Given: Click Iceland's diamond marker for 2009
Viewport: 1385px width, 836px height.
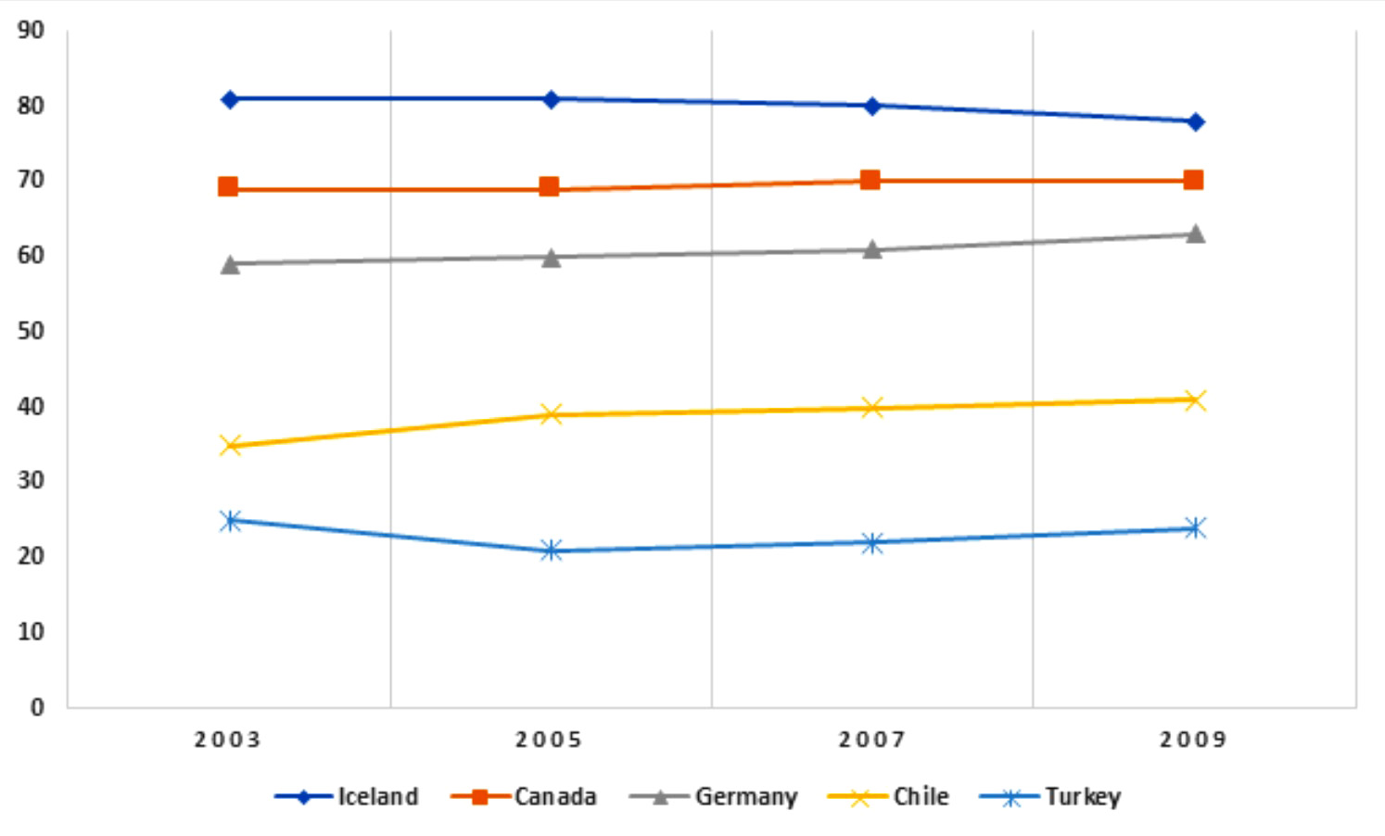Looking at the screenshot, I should pyautogui.click(x=1195, y=121).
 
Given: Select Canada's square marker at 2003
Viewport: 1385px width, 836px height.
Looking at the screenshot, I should pyautogui.click(x=228, y=187).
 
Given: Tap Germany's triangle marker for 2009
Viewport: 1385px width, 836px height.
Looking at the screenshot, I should pyautogui.click(x=1195, y=234).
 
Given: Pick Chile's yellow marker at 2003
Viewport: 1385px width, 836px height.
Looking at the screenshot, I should pyautogui.click(x=230, y=446).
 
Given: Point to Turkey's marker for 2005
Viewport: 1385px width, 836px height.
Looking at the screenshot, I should pyautogui.click(x=552, y=551).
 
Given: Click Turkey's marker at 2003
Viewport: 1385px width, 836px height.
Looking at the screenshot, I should pyautogui.click(x=230, y=520).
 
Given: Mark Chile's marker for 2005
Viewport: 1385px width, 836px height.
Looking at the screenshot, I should pyautogui.click(x=552, y=413).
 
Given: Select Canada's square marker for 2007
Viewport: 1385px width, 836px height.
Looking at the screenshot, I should pyautogui.click(x=870, y=180).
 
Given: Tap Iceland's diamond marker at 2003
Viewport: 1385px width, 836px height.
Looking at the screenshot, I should pyautogui.click(x=230, y=99).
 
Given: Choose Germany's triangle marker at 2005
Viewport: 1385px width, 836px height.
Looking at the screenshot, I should pyautogui.click(x=552, y=258).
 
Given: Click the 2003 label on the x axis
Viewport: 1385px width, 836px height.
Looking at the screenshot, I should pyautogui.click(x=227, y=740).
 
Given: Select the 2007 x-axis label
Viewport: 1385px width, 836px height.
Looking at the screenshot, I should pyautogui.click(x=871, y=740).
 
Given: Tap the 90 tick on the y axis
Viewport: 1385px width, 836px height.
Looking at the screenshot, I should pyautogui.click(x=31, y=30).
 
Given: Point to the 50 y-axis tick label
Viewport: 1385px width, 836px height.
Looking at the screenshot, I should pyautogui.click(x=31, y=331).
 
